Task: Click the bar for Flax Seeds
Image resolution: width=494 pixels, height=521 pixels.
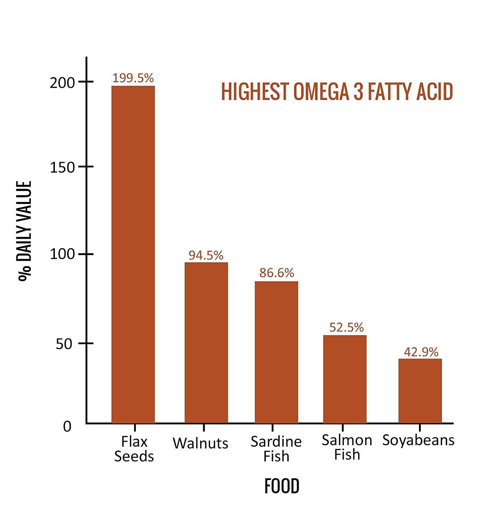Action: [133, 254]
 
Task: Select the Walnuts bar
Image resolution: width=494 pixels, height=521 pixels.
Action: [206, 342]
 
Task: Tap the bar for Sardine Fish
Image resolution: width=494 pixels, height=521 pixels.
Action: [276, 352]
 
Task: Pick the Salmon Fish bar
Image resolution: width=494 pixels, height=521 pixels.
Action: [345, 379]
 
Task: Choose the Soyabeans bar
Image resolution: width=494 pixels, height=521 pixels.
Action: [420, 391]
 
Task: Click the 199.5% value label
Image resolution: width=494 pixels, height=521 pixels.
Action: [133, 78]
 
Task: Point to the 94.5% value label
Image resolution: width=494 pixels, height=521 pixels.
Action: [206, 255]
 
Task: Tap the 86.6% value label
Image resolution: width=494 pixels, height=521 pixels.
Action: [277, 273]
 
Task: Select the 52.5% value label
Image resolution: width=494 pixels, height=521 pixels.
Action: [346, 327]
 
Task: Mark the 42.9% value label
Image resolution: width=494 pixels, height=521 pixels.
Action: [421, 352]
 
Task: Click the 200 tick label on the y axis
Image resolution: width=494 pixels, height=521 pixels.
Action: [62, 83]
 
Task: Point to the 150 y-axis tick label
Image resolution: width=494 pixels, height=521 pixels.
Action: [62, 168]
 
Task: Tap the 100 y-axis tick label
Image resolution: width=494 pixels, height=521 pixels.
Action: [62, 254]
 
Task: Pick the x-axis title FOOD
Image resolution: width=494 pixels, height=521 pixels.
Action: [282, 486]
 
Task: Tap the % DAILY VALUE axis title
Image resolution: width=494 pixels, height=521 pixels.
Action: [25, 231]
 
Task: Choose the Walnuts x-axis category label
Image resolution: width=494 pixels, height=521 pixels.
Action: [200, 443]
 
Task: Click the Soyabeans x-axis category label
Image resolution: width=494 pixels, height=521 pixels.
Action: [418, 440]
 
